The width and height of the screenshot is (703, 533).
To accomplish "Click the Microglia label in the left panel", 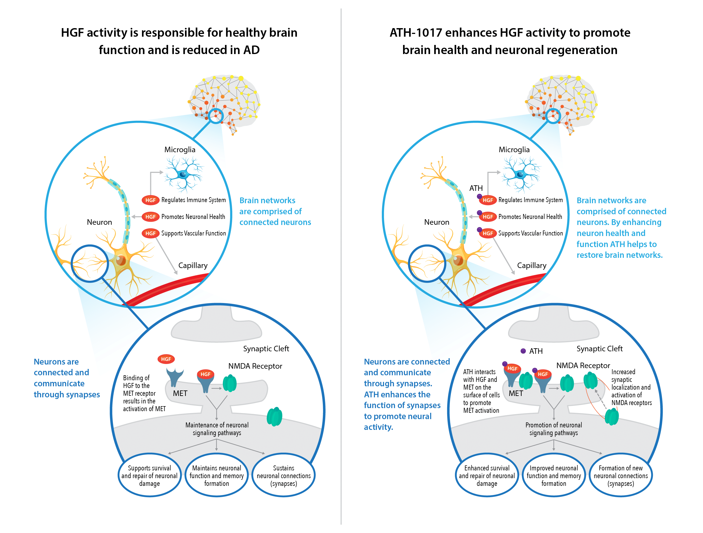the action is [179, 150].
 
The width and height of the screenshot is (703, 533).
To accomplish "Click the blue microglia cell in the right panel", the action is [520, 174].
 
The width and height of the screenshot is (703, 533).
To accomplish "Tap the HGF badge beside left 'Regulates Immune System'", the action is [150, 200].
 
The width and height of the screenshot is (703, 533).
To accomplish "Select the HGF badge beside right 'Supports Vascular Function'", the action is [487, 233].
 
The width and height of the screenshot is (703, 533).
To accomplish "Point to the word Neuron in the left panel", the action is [100, 222].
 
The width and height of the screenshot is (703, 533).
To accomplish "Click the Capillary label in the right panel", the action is [532, 265].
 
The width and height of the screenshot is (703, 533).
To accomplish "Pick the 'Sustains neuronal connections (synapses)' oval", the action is [283, 475].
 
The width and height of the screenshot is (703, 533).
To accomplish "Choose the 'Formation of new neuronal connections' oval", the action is [621, 475].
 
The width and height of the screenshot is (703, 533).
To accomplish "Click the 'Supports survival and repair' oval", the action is [149, 475].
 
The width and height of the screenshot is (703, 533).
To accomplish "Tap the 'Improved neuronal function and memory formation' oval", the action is [554, 475].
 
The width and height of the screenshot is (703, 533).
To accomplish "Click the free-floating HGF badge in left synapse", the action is [166, 359].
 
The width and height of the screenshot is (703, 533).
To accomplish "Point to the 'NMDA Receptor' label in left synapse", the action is [255, 366].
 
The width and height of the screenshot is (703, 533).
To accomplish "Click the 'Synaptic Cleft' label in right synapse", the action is [599, 349].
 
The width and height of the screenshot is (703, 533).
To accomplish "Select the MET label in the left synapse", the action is [180, 393].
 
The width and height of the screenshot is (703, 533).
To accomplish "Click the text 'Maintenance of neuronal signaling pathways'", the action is [217, 429].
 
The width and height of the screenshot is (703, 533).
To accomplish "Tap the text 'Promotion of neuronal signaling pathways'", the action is [554, 429].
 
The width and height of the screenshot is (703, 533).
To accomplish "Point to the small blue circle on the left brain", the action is [216, 116].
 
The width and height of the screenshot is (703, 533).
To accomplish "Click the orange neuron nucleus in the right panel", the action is [458, 260].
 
